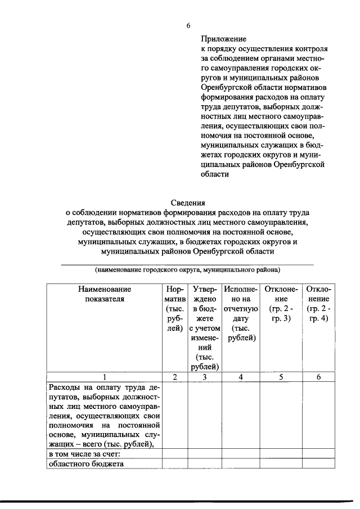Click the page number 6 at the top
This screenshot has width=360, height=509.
189,25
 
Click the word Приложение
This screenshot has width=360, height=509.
224,39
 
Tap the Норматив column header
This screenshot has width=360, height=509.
175,309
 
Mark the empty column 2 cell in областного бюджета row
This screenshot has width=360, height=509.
175,464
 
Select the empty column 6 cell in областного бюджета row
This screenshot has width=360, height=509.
319,464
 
